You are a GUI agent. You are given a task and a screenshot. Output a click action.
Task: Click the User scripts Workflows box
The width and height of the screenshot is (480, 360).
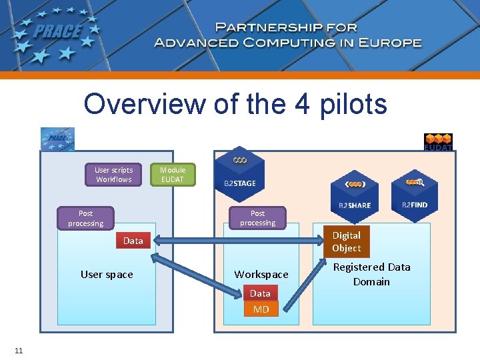[x=113, y=175]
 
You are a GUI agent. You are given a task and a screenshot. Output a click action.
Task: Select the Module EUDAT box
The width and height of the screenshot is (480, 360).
[x=173, y=175]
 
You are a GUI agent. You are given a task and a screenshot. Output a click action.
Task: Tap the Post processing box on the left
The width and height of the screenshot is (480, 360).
[x=86, y=218]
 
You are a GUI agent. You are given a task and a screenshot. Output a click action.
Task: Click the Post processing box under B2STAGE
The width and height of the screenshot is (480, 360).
[x=257, y=218]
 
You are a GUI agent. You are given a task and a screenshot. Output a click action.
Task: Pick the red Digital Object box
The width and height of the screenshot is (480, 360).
[x=347, y=241]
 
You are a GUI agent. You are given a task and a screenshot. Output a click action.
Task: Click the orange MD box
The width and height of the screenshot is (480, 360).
[x=261, y=309]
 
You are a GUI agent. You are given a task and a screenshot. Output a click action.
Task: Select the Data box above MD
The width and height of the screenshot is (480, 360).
[x=260, y=293]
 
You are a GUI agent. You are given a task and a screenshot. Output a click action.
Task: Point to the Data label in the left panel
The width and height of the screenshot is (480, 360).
[x=133, y=241]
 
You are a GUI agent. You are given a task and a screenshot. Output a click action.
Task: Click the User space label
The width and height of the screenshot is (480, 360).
[x=107, y=274]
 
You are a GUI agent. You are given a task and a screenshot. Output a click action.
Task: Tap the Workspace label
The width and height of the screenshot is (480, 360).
[x=261, y=274]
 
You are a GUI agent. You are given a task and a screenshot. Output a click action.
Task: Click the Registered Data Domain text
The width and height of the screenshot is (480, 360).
[x=371, y=274]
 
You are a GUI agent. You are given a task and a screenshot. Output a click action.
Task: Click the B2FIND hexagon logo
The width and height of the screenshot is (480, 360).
[x=414, y=191]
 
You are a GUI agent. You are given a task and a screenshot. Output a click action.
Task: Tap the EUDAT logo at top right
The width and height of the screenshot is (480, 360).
[x=438, y=142]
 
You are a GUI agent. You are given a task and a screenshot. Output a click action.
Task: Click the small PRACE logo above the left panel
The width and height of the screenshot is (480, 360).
[x=57, y=139]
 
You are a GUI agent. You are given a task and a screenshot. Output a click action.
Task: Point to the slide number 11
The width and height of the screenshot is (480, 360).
[x=18, y=351]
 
